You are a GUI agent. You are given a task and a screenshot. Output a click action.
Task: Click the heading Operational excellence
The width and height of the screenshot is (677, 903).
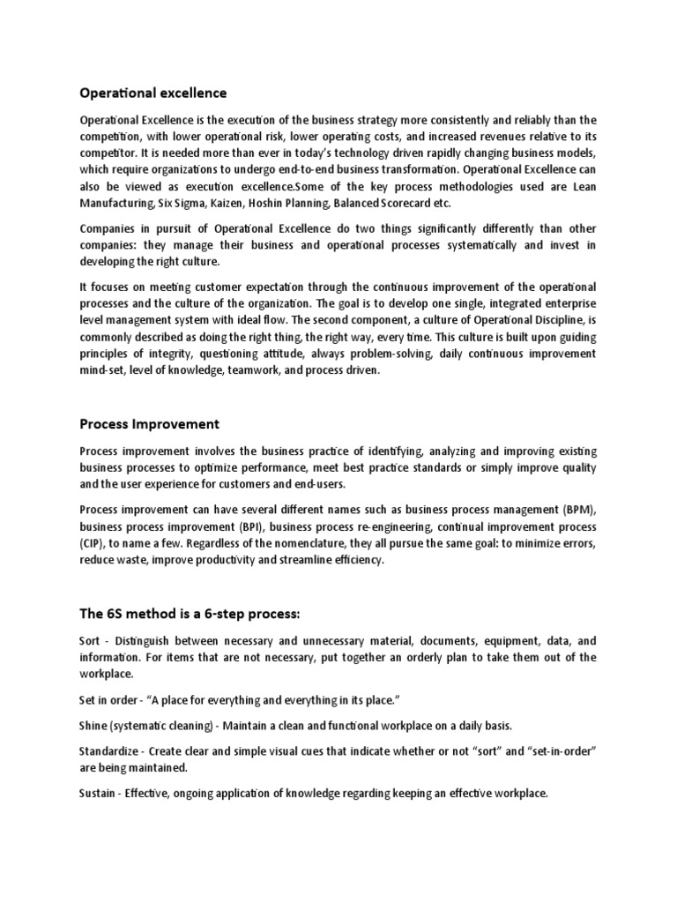coord(153,93)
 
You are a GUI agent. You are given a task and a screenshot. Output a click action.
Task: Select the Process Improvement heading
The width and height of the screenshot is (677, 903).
coord(149,424)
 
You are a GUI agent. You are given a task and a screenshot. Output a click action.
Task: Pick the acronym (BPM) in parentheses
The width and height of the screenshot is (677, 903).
coord(577,510)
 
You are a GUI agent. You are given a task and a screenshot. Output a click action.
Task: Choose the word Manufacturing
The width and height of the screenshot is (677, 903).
coord(117,203)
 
